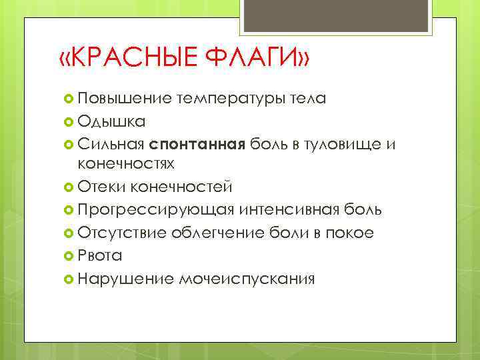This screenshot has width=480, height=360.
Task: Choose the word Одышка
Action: (109, 122)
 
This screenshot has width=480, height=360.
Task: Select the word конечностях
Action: (126, 163)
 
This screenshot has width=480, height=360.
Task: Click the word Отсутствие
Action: (122, 233)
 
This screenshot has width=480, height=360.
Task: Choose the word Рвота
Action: (99, 255)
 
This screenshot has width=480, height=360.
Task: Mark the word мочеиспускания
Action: (247, 277)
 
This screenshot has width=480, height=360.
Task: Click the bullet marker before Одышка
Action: (68, 122)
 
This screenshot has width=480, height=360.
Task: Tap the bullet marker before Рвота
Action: (68, 255)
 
